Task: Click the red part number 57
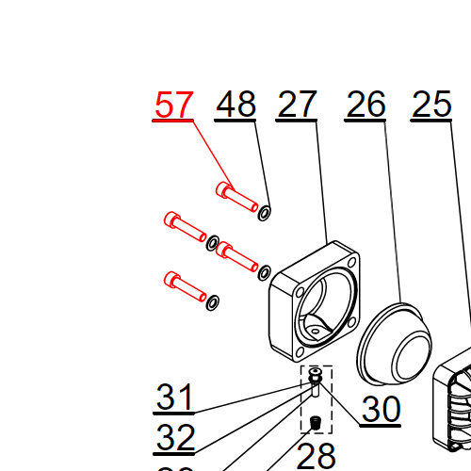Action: pos(173,106)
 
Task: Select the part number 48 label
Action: pos(235,106)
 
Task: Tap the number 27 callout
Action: pos(297,106)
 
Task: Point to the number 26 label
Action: pos(366,106)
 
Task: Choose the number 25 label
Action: pos(432,106)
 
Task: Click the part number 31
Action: pos(174,398)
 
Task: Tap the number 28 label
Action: pos(317,456)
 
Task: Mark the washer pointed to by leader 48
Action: pos(265,212)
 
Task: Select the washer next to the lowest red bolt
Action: pos(214,301)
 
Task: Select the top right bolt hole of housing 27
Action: pos(349,263)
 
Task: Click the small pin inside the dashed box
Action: pos(314,391)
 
